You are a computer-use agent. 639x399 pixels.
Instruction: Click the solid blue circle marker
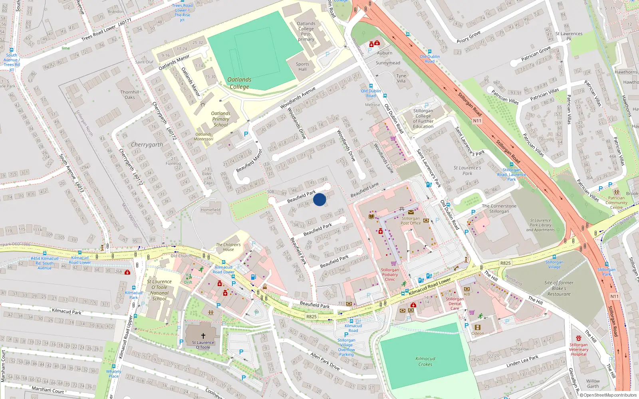pyautogui.click(x=319, y=199)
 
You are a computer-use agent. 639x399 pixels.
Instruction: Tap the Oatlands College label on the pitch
pyautogui.click(x=239, y=83)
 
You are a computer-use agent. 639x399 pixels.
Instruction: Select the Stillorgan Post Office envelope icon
pyautogui.click(x=411, y=212)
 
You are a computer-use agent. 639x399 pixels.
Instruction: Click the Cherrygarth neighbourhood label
pyautogui.click(x=147, y=144)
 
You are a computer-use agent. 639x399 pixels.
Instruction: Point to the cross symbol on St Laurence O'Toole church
pyautogui.click(x=203, y=336)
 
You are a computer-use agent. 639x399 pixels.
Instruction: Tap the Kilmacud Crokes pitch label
pyautogui.click(x=425, y=361)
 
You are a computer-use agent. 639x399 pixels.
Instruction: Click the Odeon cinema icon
pyautogui.click(x=477, y=327)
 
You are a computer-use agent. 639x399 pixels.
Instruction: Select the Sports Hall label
pyautogui.click(x=302, y=67)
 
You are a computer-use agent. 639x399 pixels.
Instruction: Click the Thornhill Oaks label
pyautogui.click(x=130, y=95)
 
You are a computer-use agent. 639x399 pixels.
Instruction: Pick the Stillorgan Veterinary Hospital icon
pyautogui.click(x=579, y=338)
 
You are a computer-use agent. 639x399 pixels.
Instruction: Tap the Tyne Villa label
pyautogui.click(x=401, y=78)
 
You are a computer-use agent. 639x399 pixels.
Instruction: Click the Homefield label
pyautogui.click(x=210, y=210)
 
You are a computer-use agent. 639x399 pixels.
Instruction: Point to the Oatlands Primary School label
pyautogui.click(x=220, y=119)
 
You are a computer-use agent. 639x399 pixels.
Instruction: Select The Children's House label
pyautogui.click(x=228, y=247)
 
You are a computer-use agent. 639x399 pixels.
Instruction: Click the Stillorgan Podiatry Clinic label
pyautogui.click(x=390, y=275)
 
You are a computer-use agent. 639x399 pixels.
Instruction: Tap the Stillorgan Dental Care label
pyautogui.click(x=454, y=303)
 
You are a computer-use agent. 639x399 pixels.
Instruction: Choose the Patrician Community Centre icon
pyautogui.click(x=616, y=192)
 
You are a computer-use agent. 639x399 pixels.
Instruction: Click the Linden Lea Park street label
pyautogui.click(x=522, y=361)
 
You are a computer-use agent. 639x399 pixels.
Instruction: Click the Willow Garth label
pyautogui.click(x=593, y=383)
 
